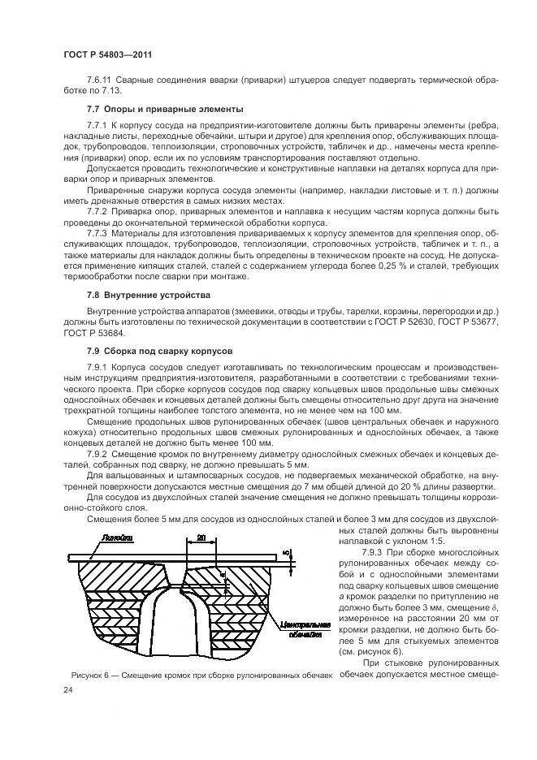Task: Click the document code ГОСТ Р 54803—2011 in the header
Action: tap(108, 54)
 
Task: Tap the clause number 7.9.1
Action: tap(99, 368)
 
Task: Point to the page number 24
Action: tap(67, 690)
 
